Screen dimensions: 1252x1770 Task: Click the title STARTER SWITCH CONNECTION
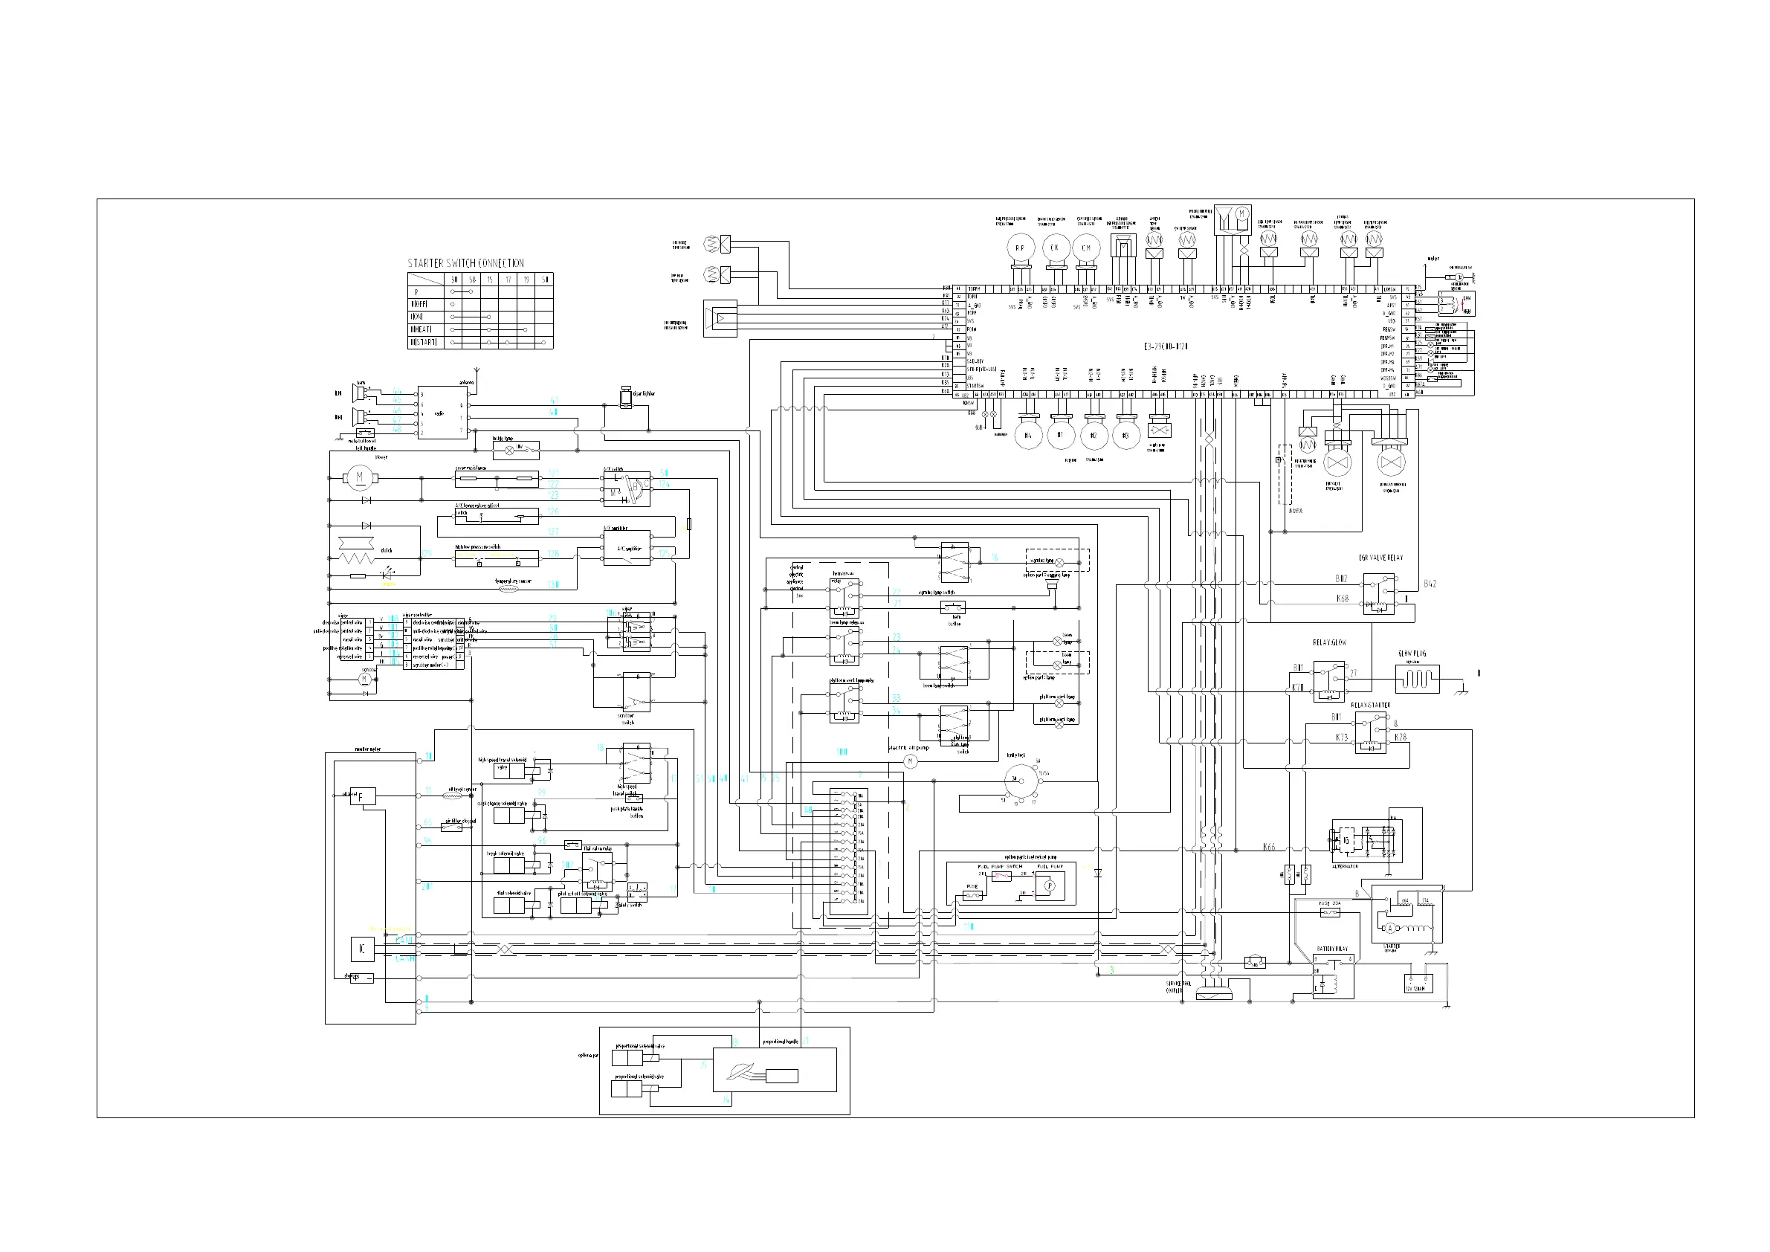click(x=465, y=263)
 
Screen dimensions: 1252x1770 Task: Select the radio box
click(x=442, y=413)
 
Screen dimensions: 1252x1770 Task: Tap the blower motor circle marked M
click(x=359, y=478)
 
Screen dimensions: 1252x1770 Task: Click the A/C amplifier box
click(x=627, y=548)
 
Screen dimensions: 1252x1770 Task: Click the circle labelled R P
click(x=1020, y=248)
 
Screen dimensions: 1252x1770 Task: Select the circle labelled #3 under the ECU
click(x=1125, y=435)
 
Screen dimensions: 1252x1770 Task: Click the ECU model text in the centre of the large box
click(x=1165, y=347)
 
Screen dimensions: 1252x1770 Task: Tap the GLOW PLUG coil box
click(x=1417, y=680)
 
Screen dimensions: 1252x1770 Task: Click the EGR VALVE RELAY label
click(x=1380, y=558)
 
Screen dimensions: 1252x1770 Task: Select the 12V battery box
click(x=1418, y=982)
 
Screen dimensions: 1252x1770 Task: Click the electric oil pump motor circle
click(x=911, y=762)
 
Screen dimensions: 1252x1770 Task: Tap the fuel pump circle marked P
click(x=1049, y=886)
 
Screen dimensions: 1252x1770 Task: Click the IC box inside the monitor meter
click(x=362, y=948)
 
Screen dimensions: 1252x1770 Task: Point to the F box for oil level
click(x=362, y=796)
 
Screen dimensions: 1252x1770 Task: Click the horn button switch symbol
click(x=955, y=607)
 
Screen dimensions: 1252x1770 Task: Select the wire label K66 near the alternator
click(x=1269, y=847)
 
